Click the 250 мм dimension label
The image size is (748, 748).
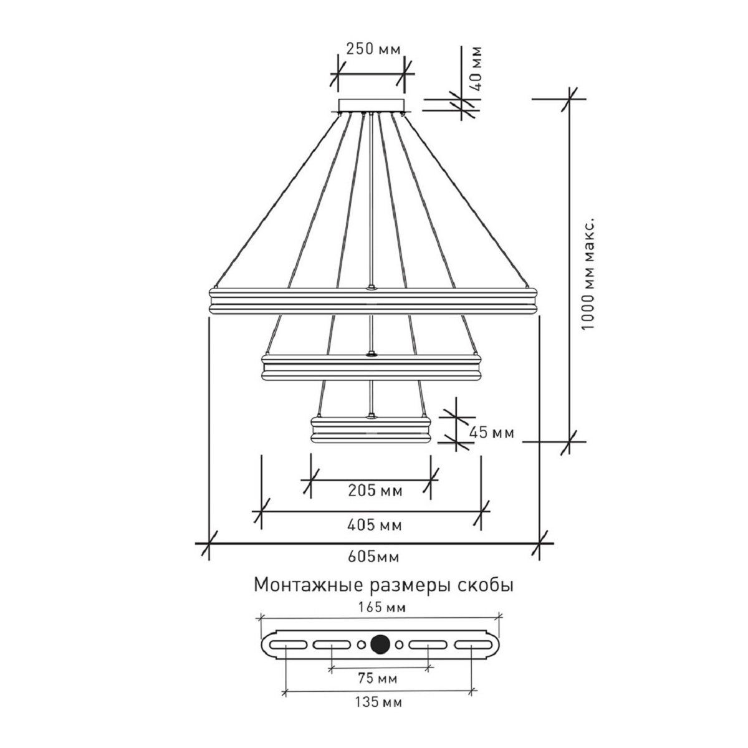[373, 49]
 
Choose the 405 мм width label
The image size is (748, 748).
[373, 525]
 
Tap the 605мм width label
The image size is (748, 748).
[373, 556]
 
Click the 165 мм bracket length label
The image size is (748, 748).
[379, 607]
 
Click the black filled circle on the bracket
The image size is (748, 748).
[379, 645]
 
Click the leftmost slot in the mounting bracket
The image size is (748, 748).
[285, 645]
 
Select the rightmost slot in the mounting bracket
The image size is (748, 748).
[474, 645]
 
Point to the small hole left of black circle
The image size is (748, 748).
[360, 645]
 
